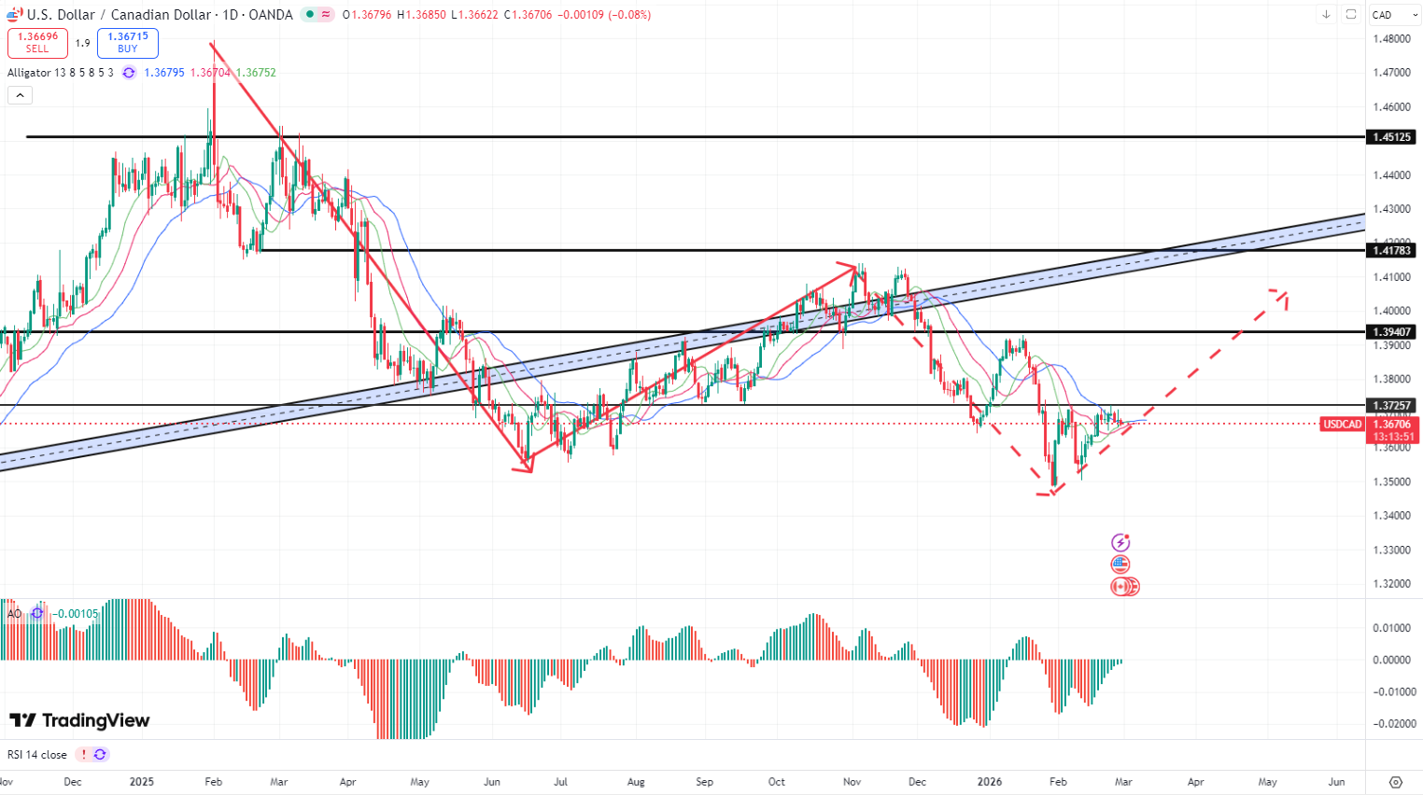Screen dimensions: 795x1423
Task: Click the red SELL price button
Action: [x=37, y=43]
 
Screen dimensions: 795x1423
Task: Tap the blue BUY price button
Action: [x=128, y=43]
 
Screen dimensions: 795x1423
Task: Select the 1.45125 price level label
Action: [x=1391, y=137]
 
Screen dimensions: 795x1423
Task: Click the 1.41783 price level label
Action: [x=1391, y=250]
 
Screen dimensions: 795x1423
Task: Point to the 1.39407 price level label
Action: [x=1391, y=332]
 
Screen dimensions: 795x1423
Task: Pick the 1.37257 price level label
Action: [x=1391, y=405]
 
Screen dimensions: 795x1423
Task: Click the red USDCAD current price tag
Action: [x=1343, y=425]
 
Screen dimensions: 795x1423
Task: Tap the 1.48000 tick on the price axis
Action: [x=1391, y=39]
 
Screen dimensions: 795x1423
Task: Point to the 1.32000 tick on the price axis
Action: [x=1391, y=584]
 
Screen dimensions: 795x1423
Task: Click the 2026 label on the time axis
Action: [x=989, y=782]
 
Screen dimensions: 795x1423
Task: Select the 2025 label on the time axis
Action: [x=142, y=782]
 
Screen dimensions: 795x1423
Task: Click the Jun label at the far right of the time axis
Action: [x=1336, y=782]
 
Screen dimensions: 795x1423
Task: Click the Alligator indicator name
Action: [x=29, y=73]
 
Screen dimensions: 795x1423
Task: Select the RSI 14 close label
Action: [x=37, y=755]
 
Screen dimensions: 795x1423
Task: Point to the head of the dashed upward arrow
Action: [x=1285, y=295]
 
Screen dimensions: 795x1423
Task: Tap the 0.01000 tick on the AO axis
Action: [x=1391, y=628]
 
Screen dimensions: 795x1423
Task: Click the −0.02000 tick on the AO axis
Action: [x=1391, y=724]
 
